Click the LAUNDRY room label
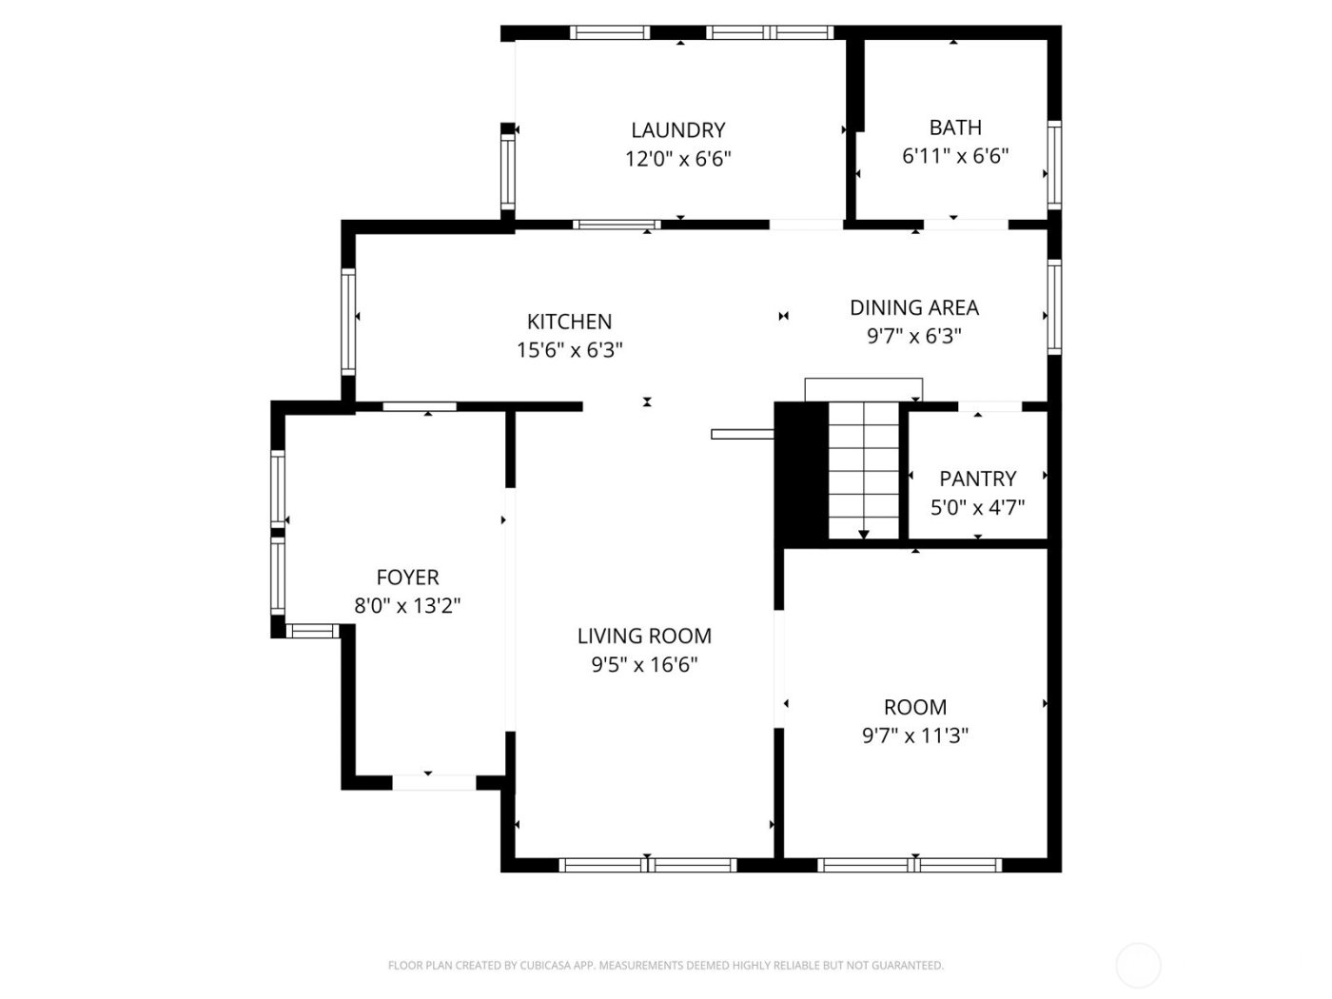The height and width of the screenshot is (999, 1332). point(677,130)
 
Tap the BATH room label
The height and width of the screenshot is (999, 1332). point(954,127)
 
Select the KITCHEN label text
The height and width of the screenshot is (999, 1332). point(569,322)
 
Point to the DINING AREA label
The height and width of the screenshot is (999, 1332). point(913,307)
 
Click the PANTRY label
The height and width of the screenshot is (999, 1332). point(977,479)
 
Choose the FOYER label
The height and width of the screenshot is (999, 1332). point(407,578)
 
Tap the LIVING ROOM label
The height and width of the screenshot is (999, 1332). point(644,636)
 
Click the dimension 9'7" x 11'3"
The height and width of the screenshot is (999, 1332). point(914,735)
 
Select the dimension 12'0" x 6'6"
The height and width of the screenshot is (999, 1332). point(677,159)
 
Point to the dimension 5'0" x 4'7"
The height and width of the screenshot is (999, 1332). point(977,507)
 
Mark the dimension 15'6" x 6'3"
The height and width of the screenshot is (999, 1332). point(569,350)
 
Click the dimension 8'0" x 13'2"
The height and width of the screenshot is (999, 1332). point(407,606)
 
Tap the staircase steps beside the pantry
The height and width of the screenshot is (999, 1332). point(863,471)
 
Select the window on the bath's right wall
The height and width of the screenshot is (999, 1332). point(1054,165)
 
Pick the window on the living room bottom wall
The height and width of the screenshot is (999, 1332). point(647,865)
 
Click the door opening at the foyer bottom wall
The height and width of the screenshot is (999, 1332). point(434,782)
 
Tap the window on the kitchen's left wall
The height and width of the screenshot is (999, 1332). point(348,321)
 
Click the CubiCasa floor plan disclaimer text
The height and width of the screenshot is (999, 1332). point(665,966)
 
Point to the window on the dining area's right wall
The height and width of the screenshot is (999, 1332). point(1054,306)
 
